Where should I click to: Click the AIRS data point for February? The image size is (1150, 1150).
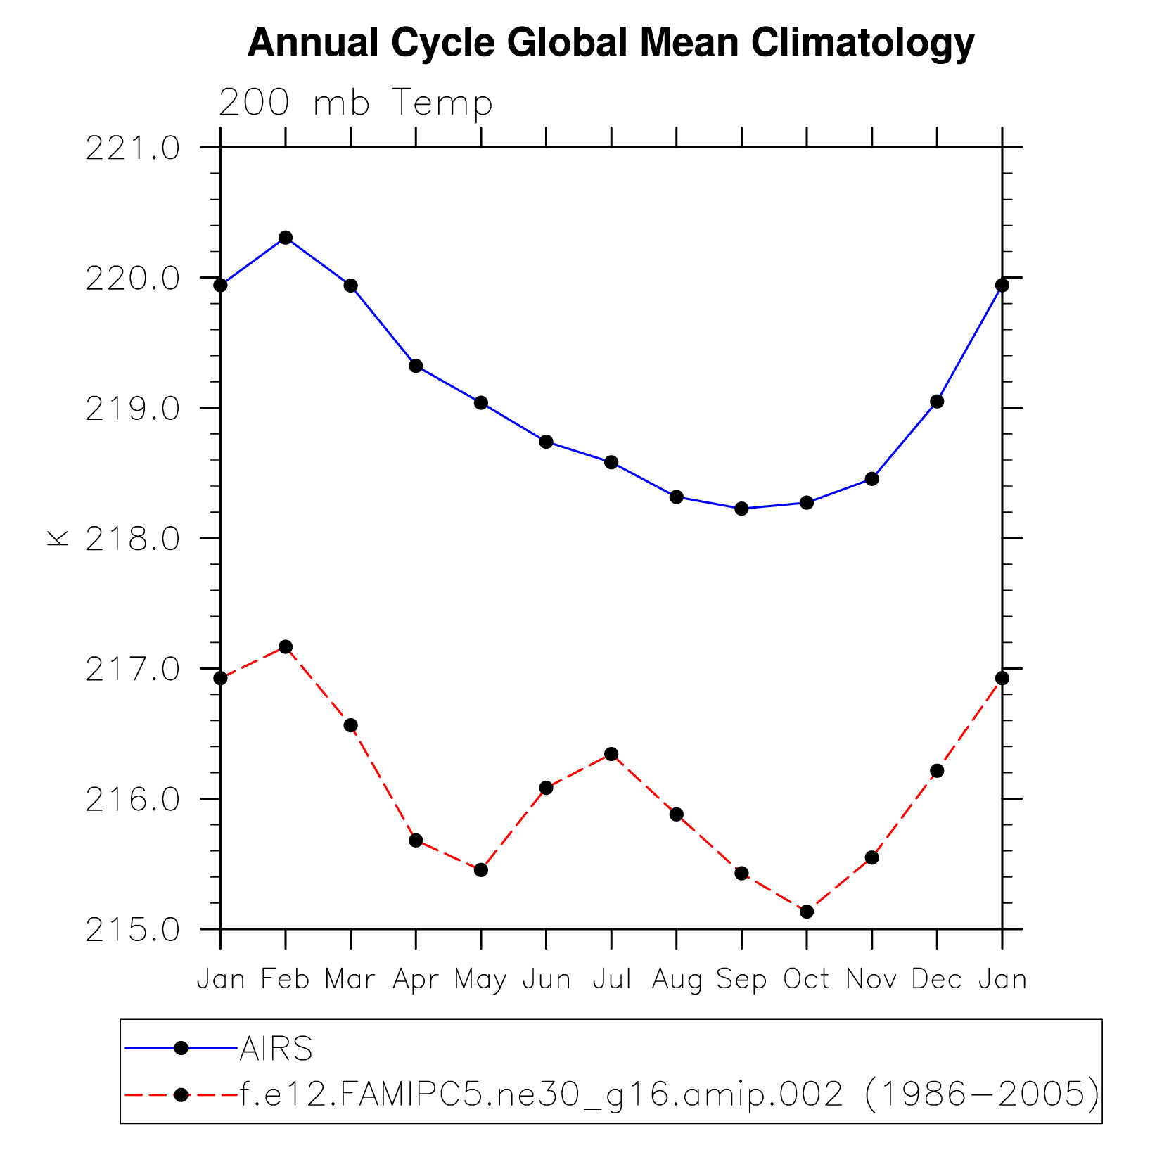(286, 238)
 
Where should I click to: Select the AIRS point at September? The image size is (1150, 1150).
(741, 509)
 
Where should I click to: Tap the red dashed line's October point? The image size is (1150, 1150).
(807, 912)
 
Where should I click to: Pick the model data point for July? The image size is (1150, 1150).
(611, 754)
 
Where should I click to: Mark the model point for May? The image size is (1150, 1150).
(481, 870)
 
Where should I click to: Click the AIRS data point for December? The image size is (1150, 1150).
(937, 402)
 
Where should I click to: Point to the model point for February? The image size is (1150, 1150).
(286, 647)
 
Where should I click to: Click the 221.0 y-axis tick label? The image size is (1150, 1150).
(132, 148)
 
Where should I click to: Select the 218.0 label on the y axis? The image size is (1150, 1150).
(132, 539)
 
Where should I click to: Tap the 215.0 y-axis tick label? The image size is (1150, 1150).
(132, 931)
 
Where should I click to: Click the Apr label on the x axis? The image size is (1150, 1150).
(416, 980)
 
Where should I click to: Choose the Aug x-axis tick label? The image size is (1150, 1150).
(677, 980)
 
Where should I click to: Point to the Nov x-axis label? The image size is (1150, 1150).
(871, 979)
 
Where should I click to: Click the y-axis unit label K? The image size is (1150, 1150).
(58, 538)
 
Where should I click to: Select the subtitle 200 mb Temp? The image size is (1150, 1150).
(355, 103)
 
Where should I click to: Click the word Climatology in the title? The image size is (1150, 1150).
(862, 43)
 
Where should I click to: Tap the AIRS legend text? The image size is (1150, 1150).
(276, 1049)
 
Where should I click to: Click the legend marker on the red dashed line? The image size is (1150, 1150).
(181, 1094)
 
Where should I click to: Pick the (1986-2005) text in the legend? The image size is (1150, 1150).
(981, 1094)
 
